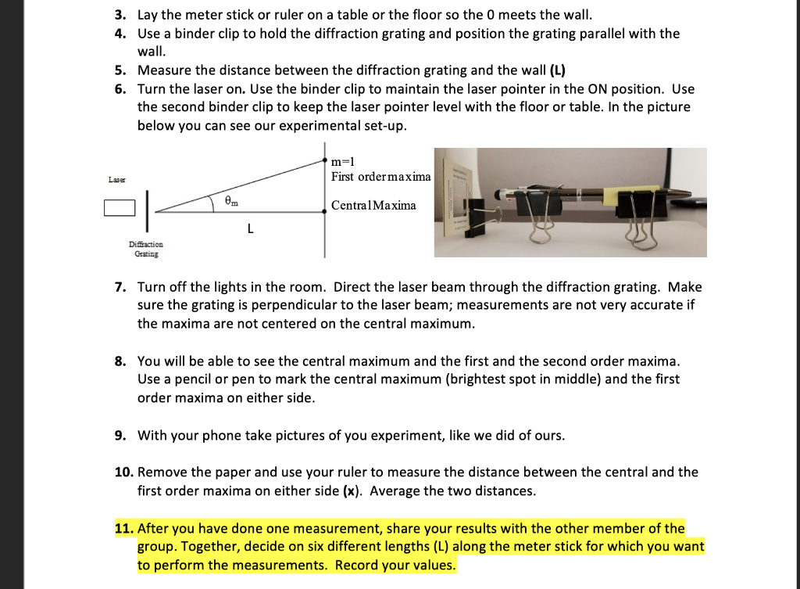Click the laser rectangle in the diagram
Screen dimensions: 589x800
click(119, 208)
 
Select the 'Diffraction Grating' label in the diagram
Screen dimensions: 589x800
click(146, 249)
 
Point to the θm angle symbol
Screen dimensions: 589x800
click(231, 201)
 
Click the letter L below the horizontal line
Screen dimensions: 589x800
click(249, 229)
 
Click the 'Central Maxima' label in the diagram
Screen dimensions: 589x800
click(373, 206)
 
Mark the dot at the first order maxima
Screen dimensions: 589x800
click(326, 159)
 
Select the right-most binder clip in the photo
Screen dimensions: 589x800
click(640, 213)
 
